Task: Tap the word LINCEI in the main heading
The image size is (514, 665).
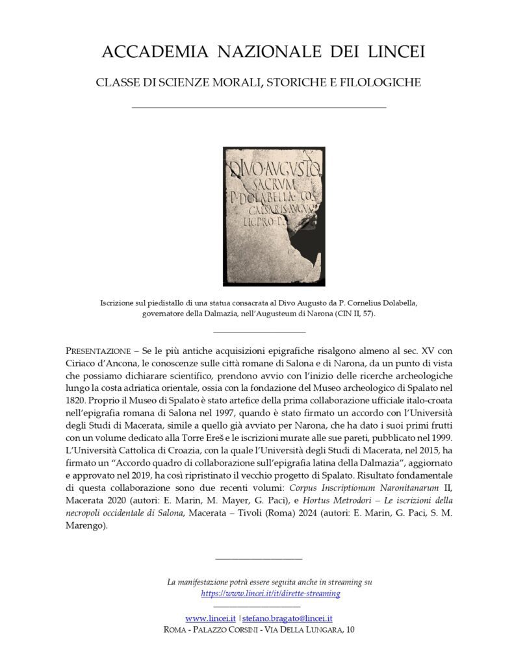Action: coord(395,52)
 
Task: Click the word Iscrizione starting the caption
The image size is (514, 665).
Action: coord(120,303)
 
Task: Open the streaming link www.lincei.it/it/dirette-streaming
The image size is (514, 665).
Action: coord(270,594)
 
